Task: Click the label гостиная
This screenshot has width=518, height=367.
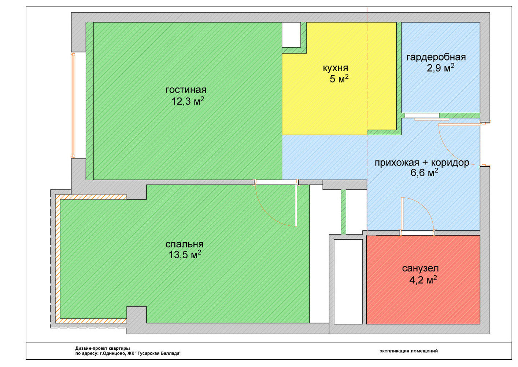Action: (x=186, y=90)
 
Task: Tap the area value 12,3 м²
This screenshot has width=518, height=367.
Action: (x=188, y=101)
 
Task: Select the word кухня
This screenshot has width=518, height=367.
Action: (x=335, y=68)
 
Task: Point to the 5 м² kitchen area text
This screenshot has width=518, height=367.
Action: (x=339, y=79)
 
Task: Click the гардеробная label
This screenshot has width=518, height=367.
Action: (x=436, y=57)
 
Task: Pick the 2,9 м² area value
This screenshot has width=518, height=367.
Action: (x=440, y=68)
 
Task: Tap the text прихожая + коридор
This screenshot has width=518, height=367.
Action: (x=422, y=163)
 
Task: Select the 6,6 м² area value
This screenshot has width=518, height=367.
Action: (x=424, y=172)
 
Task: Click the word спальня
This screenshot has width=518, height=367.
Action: (x=185, y=244)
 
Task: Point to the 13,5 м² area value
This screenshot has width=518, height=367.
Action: (x=185, y=255)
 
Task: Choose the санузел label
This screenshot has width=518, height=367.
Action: (x=421, y=268)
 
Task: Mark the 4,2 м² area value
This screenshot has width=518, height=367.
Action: (x=423, y=280)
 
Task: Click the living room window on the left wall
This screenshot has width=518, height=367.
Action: (x=73, y=105)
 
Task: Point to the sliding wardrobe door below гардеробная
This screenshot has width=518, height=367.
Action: (x=432, y=119)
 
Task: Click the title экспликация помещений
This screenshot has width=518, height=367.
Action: (x=408, y=351)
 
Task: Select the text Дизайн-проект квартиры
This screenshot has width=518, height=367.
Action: (x=103, y=348)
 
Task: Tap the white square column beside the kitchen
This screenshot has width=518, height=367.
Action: (x=291, y=35)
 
